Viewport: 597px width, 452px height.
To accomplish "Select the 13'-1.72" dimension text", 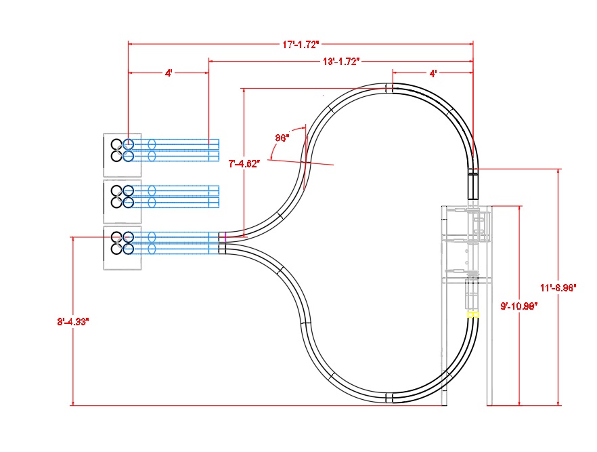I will point(340,62).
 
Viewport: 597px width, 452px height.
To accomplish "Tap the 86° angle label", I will point(282,138).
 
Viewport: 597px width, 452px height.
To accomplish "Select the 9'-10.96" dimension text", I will point(519,306).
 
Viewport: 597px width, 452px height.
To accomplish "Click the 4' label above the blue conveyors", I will point(169,73).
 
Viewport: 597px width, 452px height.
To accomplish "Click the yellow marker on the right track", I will point(473,314).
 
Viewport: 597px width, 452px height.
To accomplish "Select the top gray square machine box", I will point(122,155).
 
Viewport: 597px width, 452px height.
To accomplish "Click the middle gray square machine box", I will point(122,202).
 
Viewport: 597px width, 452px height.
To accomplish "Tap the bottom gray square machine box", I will point(122,249).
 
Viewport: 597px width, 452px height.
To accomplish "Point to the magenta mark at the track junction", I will point(221,237).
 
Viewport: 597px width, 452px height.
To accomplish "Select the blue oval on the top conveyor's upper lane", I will point(152,144).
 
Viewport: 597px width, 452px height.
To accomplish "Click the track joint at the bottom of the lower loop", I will point(389,398).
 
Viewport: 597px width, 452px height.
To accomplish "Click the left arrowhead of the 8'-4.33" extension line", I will point(73,237).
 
